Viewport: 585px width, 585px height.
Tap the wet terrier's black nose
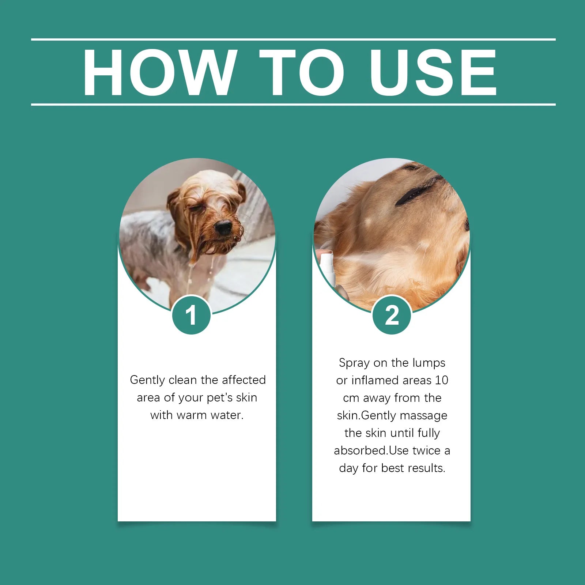tap(223, 227)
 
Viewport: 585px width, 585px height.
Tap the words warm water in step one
tap(210, 415)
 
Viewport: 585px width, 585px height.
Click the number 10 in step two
tap(441, 380)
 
